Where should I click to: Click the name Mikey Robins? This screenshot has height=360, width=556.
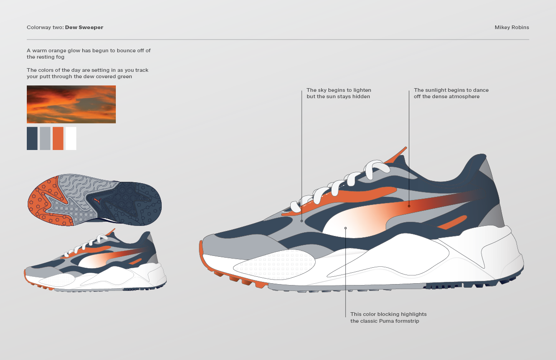[511, 27]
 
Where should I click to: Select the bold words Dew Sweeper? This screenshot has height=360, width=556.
[84, 27]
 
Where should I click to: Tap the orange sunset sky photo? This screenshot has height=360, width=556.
[71, 105]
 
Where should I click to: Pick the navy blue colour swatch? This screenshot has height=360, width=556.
[32, 138]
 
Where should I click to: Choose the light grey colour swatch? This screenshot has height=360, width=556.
[45, 138]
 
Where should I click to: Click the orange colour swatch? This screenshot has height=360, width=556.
[58, 138]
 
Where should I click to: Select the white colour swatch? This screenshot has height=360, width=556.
[71, 138]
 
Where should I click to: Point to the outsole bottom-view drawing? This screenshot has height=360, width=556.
[94, 199]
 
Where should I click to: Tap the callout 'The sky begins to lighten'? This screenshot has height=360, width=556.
[338, 93]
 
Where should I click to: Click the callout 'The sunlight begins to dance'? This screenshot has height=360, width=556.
[451, 93]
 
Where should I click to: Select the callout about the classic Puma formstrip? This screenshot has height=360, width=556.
[388, 317]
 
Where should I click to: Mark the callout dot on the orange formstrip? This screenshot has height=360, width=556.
[409, 206]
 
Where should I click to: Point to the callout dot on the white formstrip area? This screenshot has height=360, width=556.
[346, 228]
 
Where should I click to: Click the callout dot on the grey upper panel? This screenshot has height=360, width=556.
[302, 221]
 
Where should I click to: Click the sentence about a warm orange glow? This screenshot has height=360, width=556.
[89, 54]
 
